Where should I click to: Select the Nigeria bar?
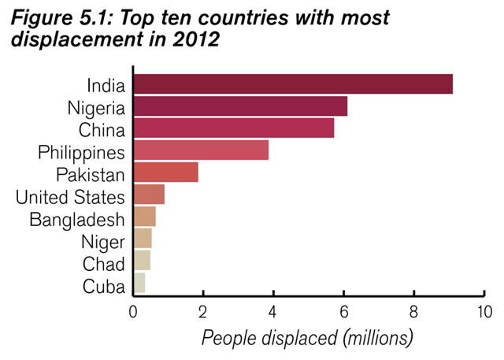[240, 106]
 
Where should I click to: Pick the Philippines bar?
[201, 150]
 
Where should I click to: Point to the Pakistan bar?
[165, 172]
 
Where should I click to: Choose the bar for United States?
[149, 195]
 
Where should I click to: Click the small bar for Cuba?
[139, 283]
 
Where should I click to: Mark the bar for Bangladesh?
[144, 217]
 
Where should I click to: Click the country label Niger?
[103, 242]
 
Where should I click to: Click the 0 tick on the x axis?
[133, 310]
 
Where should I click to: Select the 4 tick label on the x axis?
[273, 310]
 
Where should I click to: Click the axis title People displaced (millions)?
[307, 339]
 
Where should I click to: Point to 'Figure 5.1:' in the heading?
[55, 17]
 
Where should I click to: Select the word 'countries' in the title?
[228, 17]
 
